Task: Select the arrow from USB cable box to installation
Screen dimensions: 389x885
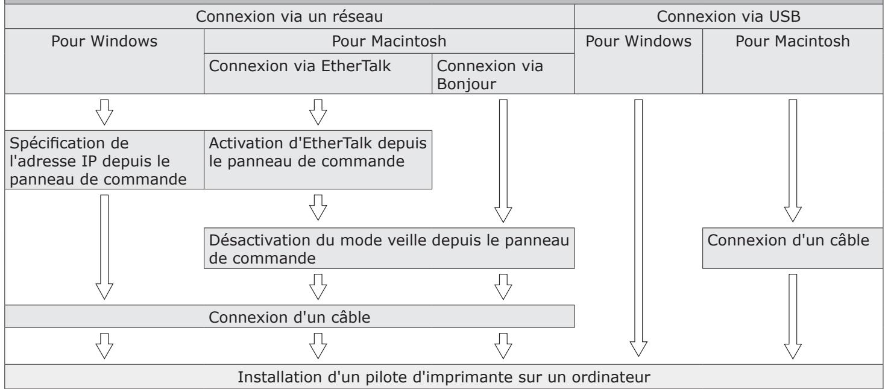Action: (x=793, y=314)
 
